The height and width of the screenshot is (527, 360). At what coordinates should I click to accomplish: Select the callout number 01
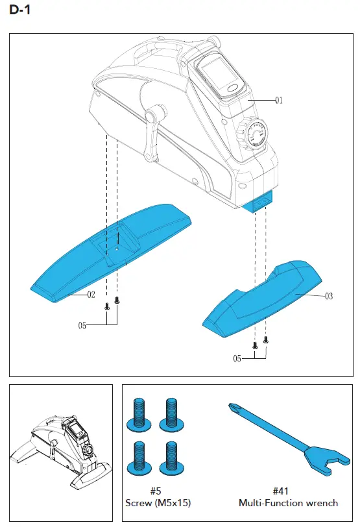[279, 101]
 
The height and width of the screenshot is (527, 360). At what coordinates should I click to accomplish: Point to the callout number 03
[329, 296]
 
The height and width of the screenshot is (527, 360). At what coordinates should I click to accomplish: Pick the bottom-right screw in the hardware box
[171, 458]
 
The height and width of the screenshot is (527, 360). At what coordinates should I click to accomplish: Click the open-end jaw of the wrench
[332, 464]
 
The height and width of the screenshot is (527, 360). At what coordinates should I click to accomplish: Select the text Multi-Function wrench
[288, 503]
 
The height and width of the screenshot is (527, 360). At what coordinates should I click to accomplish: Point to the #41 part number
[288, 491]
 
